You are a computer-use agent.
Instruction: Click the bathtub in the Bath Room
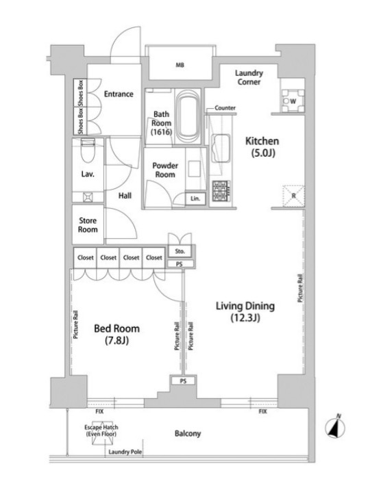(x=187, y=117)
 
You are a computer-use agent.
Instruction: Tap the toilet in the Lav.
(x=88, y=151)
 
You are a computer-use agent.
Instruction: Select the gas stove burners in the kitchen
(x=221, y=191)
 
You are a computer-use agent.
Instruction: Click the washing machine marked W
(x=293, y=101)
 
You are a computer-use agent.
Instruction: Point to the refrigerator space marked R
(x=293, y=196)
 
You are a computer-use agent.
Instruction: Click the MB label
(x=180, y=65)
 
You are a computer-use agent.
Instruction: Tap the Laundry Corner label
(x=249, y=77)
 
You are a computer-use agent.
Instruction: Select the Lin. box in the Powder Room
(x=195, y=198)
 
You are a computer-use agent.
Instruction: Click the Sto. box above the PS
(x=180, y=251)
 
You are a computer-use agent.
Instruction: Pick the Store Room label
(x=88, y=225)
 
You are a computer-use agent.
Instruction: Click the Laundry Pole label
(x=125, y=452)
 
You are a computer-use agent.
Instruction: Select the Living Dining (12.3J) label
(x=245, y=312)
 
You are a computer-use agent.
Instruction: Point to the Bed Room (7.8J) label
(x=116, y=335)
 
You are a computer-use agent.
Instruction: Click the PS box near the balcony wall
(x=183, y=381)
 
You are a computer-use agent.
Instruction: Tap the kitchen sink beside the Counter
(x=221, y=149)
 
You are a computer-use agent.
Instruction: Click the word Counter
(x=225, y=108)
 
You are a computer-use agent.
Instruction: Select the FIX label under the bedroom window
(x=99, y=411)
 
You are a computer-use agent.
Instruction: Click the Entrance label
(x=119, y=94)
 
